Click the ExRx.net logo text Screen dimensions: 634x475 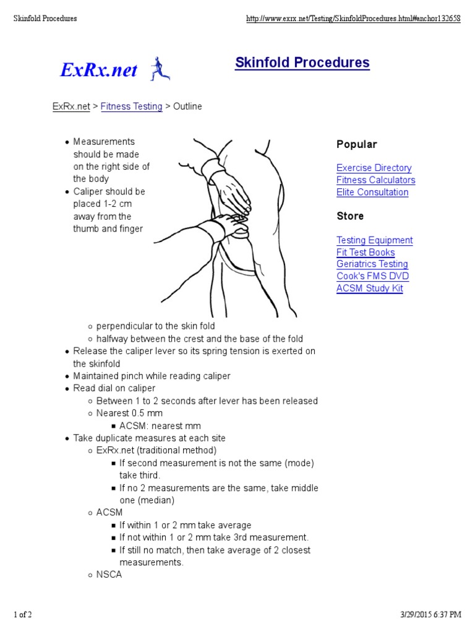99,71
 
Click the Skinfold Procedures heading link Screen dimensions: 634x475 302,63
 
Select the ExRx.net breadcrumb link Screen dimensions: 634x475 71,106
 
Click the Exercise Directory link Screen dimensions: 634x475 374,168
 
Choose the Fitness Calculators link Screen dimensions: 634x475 375,180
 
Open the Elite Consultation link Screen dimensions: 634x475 372,192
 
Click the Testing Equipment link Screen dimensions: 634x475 374,240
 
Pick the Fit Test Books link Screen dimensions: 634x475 366,252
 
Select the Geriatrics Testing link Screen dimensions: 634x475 372,264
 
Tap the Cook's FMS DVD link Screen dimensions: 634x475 372,276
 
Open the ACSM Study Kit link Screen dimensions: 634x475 369,288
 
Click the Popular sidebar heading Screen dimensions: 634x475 356,144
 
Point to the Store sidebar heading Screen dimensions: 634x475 350,216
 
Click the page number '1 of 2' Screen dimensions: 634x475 23,614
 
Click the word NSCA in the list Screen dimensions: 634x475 109,575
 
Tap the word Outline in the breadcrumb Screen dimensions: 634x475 187,106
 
